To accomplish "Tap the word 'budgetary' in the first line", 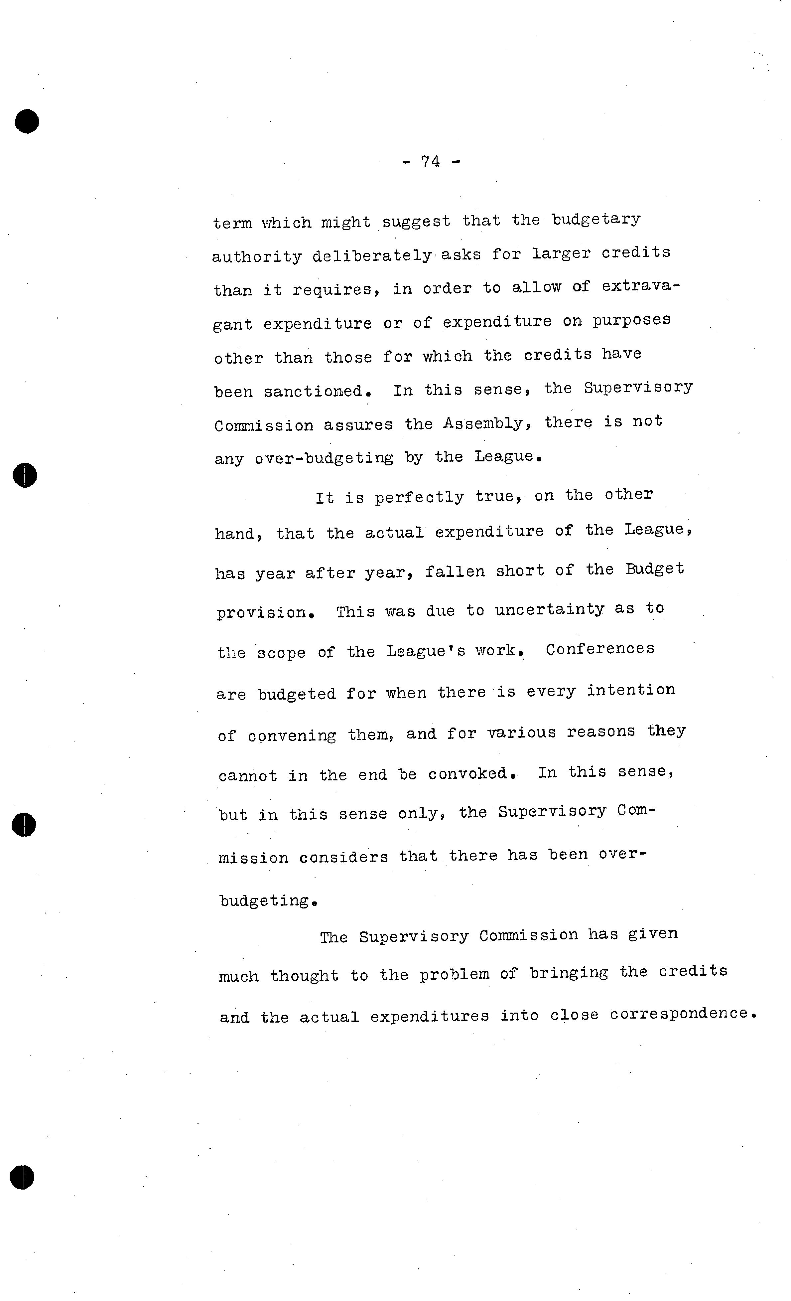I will (596, 220).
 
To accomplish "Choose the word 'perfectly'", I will (420, 497).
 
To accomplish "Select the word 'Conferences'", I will (600, 649).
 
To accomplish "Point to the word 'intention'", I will (631, 691).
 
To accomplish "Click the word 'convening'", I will (292, 735).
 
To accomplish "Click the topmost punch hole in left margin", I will (27, 121).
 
